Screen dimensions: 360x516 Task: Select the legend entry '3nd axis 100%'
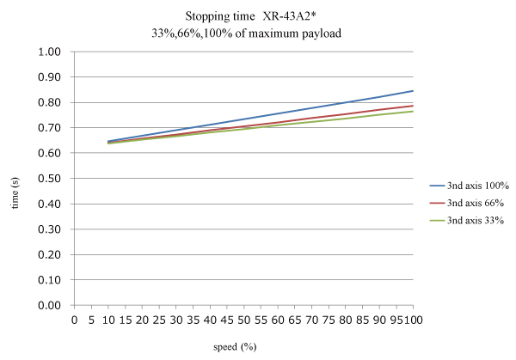click(470, 185)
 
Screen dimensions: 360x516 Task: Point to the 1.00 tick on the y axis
click(48, 52)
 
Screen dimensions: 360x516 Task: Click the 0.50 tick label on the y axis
click(48, 179)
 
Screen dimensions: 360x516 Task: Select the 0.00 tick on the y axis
click(48, 305)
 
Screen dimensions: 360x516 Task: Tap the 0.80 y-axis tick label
click(48, 103)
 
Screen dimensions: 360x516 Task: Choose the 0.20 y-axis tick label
click(48, 254)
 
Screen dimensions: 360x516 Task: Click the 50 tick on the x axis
click(243, 320)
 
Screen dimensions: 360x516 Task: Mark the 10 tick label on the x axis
click(107, 320)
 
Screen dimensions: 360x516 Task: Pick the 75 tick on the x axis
click(329, 320)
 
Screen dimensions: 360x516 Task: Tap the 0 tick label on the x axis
click(74, 320)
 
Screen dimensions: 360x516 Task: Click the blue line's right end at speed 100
click(413, 91)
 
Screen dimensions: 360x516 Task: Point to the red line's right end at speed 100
click(413, 106)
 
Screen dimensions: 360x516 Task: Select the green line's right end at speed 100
click(413, 112)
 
